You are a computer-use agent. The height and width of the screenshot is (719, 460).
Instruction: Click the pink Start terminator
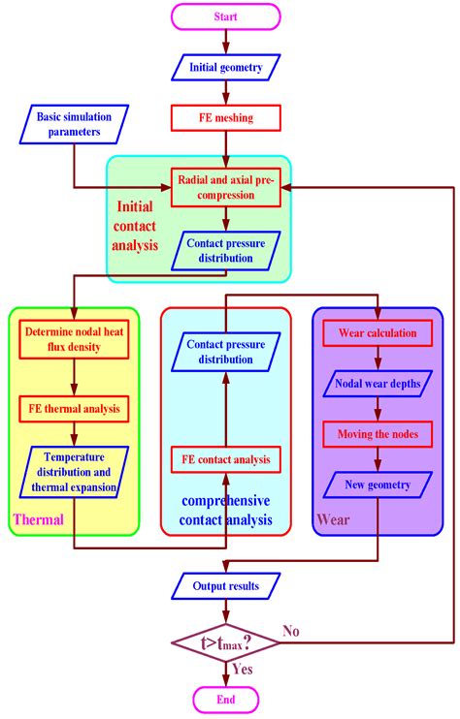(225, 16)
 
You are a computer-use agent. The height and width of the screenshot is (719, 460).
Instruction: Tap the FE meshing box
(225, 119)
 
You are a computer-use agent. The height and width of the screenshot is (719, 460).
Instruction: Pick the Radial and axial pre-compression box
(225, 186)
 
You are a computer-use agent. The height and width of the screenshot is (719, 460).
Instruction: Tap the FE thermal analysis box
(74, 409)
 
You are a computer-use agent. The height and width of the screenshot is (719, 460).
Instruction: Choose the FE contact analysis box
(225, 458)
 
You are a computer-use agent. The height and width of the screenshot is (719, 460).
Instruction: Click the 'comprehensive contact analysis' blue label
(225, 512)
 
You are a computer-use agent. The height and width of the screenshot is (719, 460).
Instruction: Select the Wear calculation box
(378, 333)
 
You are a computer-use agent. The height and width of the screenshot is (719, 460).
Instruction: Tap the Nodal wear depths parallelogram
(378, 384)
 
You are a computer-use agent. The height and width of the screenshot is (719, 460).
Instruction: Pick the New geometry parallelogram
(378, 484)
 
